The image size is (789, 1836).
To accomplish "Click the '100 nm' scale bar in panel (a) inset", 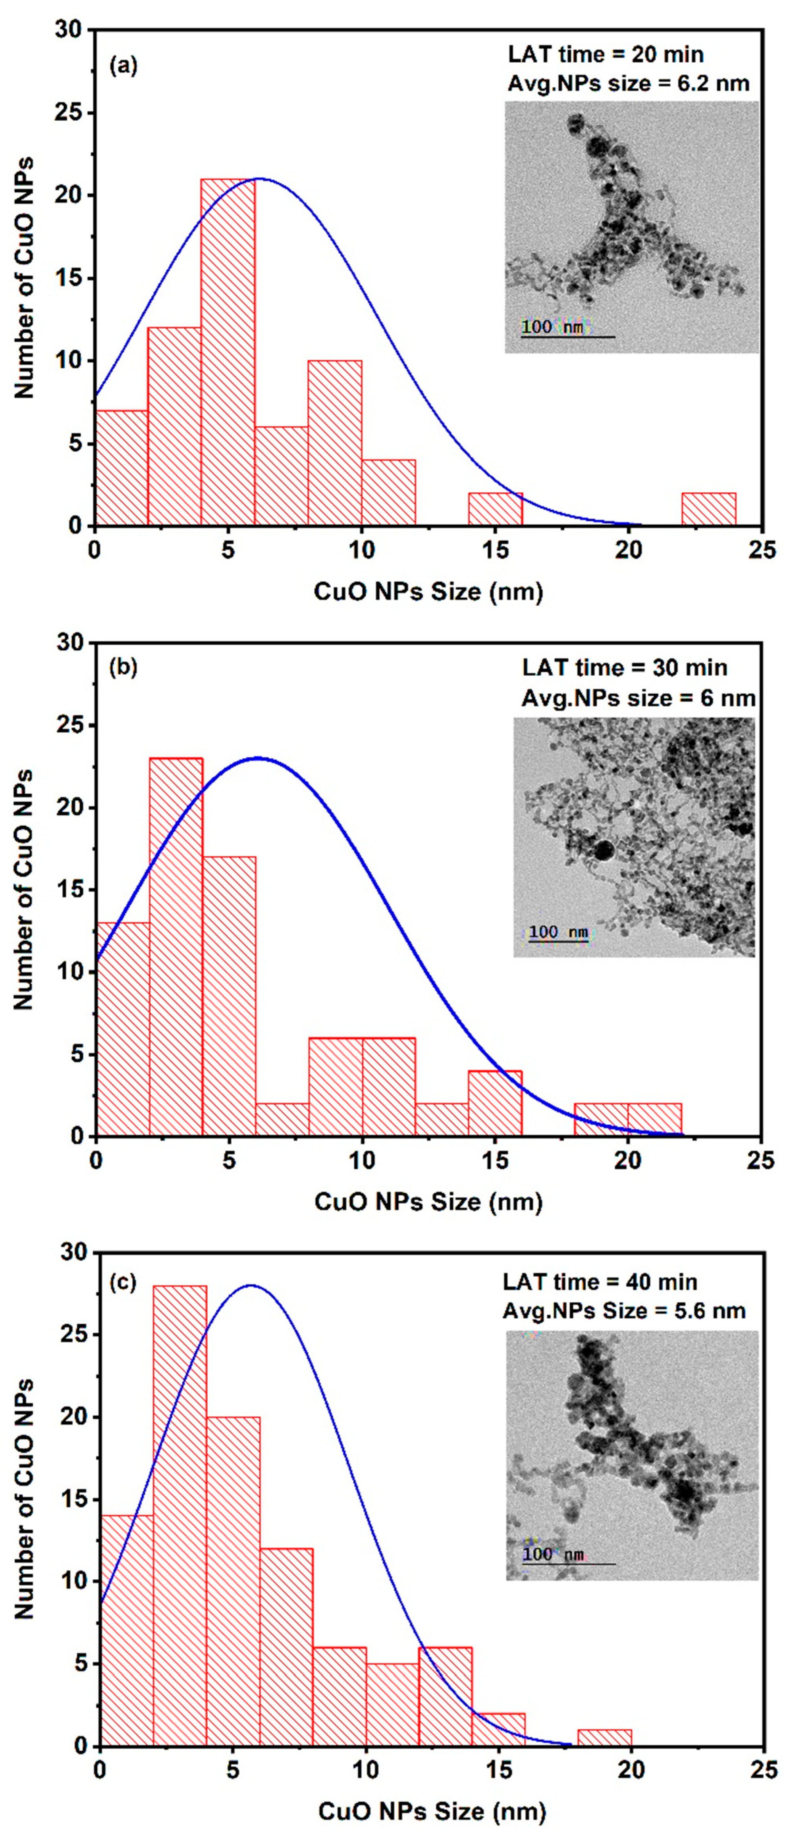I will (x=567, y=336).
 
